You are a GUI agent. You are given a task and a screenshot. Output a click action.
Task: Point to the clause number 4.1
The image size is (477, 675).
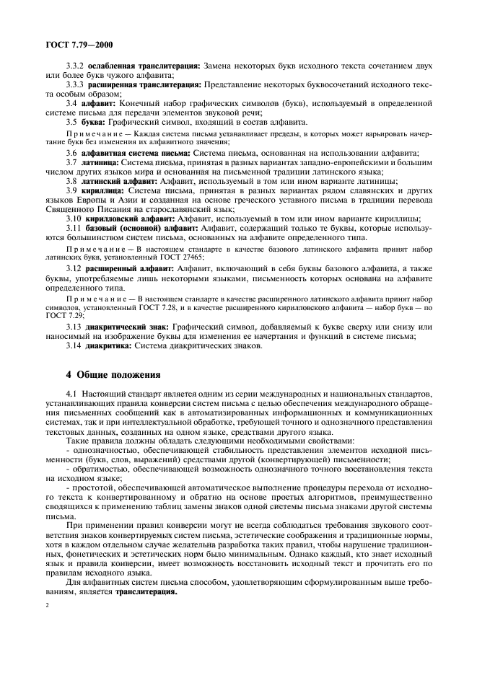click(x=71, y=394)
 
